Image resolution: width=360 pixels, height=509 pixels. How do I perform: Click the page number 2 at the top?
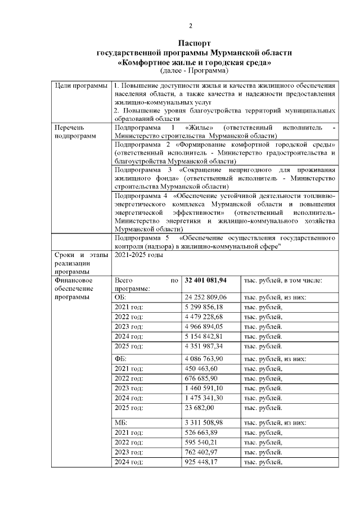(x=190, y=26)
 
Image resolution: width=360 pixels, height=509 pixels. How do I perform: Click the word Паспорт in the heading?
(x=195, y=43)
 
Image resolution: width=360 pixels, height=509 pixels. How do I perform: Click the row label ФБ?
(x=120, y=359)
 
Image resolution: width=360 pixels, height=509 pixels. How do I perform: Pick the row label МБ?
(x=121, y=423)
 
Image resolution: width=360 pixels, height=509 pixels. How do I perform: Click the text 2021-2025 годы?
(x=139, y=255)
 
